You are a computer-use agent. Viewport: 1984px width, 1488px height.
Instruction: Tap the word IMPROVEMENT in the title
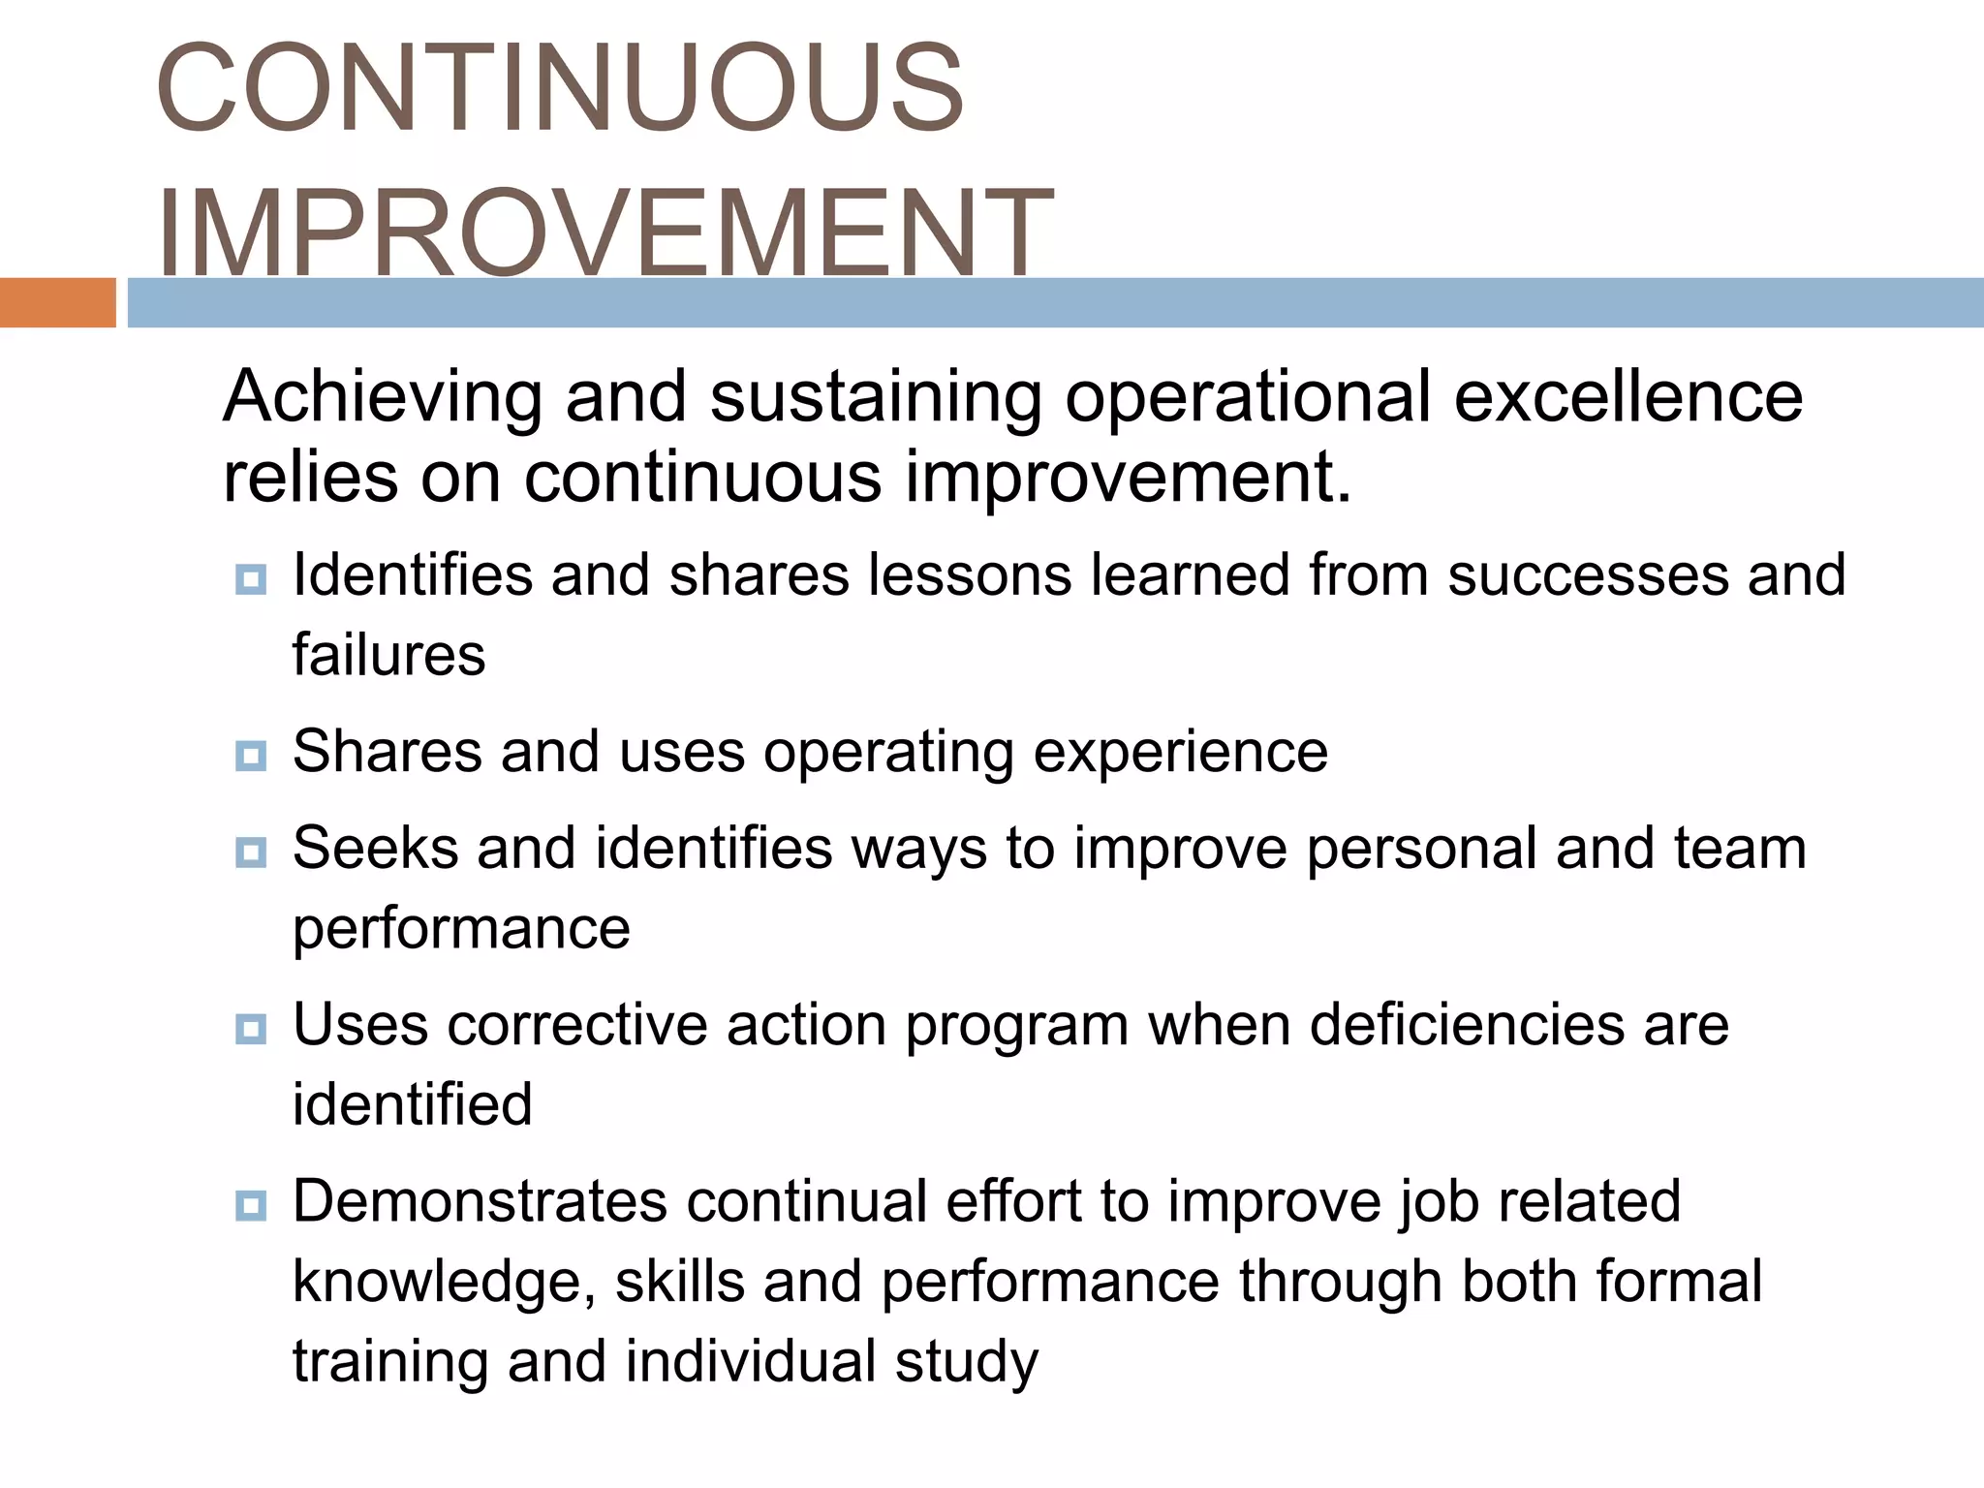coord(604,232)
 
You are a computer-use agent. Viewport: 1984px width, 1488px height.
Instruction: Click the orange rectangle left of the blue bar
coord(57,302)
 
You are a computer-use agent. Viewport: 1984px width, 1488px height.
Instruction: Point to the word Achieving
coord(382,397)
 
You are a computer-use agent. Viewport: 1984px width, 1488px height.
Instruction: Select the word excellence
coord(1627,397)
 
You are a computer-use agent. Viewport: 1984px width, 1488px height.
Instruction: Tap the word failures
coord(388,655)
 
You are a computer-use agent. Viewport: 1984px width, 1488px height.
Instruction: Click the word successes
coord(1588,574)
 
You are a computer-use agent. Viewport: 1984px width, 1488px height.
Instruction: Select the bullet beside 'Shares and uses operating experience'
coord(251,756)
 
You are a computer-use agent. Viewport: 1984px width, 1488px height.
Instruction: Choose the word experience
coord(1181,754)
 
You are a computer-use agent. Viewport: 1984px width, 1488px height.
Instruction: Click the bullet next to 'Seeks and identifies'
coord(251,852)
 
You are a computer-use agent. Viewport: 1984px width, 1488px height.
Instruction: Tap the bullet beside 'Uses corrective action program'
coord(251,1029)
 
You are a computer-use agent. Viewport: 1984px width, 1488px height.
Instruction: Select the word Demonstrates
coord(480,1201)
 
